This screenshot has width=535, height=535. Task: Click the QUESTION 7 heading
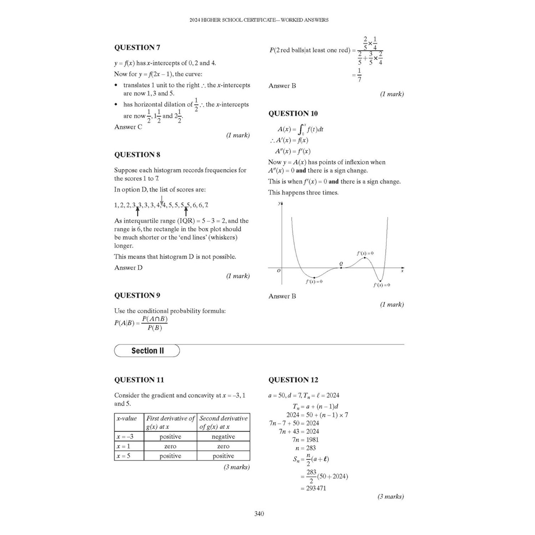coord(137,47)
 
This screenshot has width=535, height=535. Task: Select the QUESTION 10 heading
coord(293,113)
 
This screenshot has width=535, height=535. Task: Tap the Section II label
coord(147,351)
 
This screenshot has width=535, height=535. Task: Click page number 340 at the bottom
coord(259,514)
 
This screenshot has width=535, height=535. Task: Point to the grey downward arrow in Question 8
coord(162,200)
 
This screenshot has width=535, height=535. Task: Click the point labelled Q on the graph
coord(341,264)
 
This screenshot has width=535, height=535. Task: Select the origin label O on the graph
coord(279,271)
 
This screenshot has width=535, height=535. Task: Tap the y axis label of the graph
coord(279,203)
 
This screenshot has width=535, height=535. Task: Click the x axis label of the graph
coord(402,271)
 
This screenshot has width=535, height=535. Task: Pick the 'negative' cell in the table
coord(223,437)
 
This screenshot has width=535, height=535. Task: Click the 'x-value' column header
coord(127,418)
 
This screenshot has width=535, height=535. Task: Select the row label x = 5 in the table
coord(123,456)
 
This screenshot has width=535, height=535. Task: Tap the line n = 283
coord(306,448)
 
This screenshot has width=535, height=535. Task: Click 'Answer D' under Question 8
coord(128,267)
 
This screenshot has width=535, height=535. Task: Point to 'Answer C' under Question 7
coord(128,127)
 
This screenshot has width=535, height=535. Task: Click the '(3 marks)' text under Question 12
coord(391,496)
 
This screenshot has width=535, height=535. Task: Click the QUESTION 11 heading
coord(139,380)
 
